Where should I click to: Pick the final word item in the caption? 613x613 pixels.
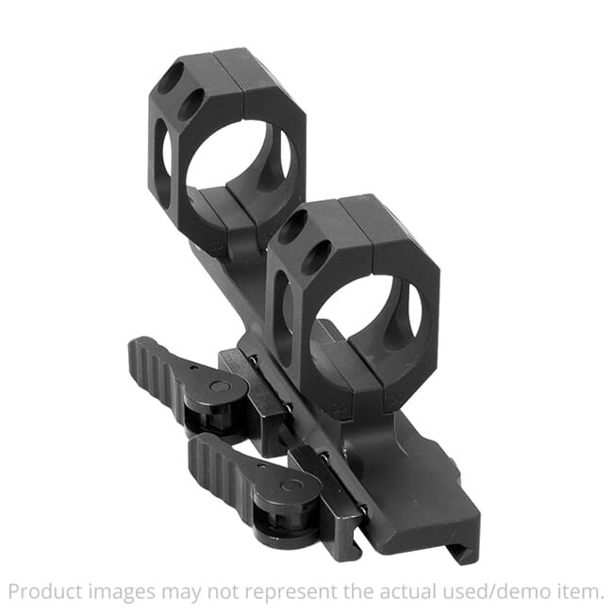[579, 591]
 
